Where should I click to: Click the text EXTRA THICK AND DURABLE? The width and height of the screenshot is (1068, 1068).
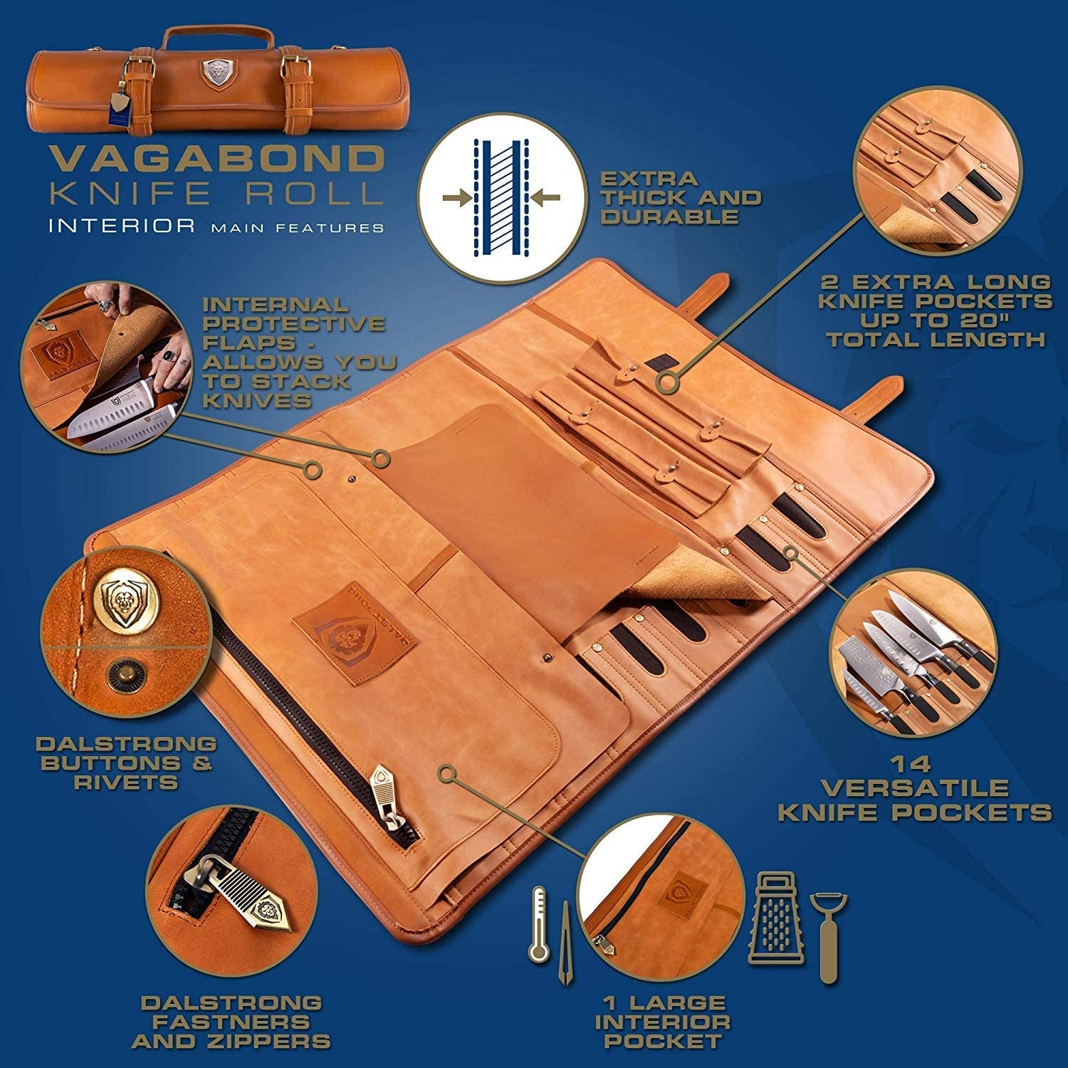point(681,197)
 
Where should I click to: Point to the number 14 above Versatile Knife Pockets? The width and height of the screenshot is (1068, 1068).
point(914,765)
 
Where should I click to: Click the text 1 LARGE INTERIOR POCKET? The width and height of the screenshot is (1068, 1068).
point(662,1022)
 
